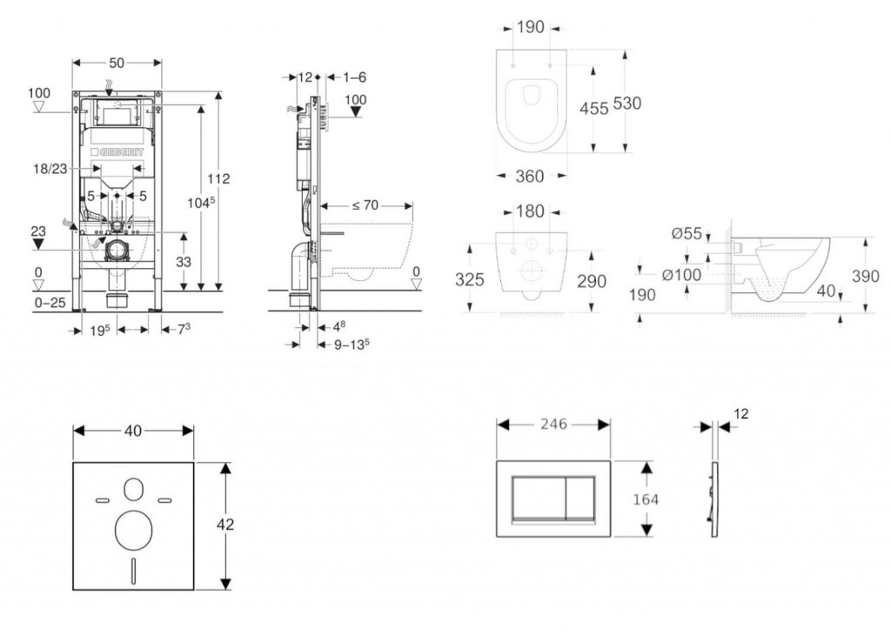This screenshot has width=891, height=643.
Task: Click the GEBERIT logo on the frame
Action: [117, 153]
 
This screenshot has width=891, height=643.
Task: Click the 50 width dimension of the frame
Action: [117, 62]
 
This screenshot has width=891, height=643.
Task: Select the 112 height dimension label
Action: [219, 178]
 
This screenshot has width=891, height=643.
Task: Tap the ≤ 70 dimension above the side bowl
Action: [365, 206]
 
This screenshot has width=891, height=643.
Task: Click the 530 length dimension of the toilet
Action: [626, 104]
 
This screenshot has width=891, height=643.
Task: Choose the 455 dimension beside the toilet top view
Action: [594, 109]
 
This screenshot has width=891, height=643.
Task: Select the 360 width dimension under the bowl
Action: [530, 177]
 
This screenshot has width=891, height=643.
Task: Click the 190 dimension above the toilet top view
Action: [531, 27]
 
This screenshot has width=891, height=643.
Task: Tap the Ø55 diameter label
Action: [686, 233]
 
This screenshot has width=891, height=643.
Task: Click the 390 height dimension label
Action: [866, 277]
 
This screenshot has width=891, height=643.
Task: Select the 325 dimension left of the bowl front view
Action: [471, 280]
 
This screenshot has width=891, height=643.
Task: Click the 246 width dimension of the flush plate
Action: [553, 425]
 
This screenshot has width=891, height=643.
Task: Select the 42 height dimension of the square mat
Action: [225, 525]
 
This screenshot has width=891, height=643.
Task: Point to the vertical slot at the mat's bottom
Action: [133, 570]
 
